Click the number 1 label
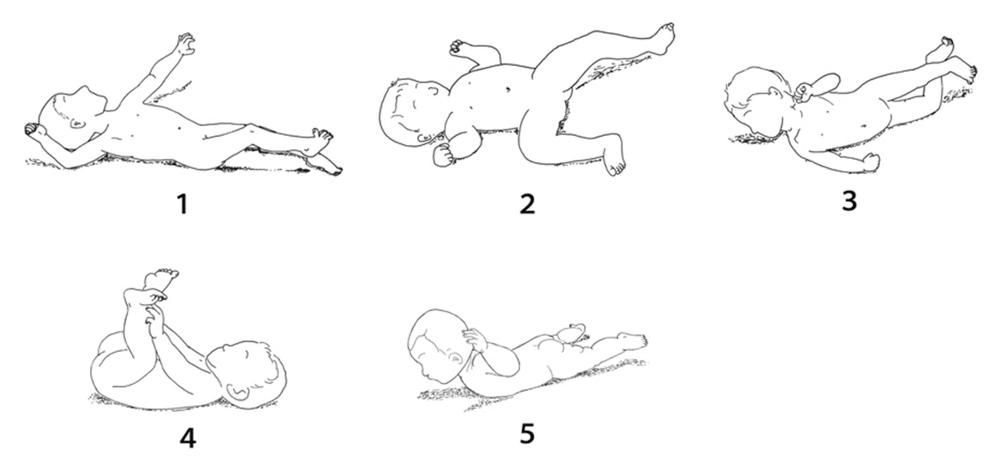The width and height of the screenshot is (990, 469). click(x=182, y=204)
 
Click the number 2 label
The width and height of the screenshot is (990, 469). click(x=527, y=204)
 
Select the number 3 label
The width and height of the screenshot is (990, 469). click(x=849, y=201)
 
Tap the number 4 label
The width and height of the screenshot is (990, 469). click(x=187, y=439)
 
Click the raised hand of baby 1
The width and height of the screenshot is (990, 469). click(x=186, y=44)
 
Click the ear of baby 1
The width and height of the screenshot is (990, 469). click(x=78, y=124)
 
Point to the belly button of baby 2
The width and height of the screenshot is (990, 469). click(x=507, y=89)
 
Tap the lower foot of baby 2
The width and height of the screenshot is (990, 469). click(x=615, y=162)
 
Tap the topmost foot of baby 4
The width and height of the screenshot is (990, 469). click(x=162, y=279)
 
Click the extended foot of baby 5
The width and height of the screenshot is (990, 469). click(x=633, y=340)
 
